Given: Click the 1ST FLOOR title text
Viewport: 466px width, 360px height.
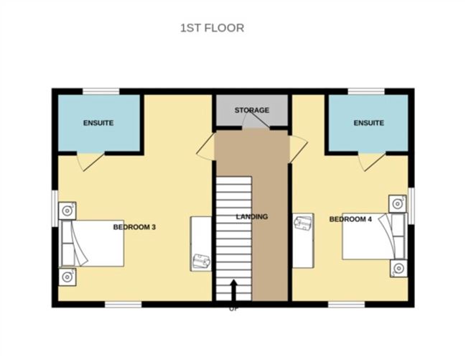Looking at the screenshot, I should (x=212, y=28).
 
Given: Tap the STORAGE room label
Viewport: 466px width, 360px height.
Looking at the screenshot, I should (x=252, y=110).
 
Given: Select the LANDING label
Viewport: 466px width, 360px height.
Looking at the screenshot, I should (x=252, y=216).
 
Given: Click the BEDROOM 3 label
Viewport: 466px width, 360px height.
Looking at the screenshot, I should (x=134, y=227).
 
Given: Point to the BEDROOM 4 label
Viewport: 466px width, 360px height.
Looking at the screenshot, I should (x=350, y=219).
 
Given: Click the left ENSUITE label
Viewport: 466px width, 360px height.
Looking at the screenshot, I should (x=98, y=123).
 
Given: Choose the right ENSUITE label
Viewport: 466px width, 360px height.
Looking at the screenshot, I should (x=368, y=123).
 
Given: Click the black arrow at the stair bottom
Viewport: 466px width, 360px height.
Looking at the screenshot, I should (x=233, y=291).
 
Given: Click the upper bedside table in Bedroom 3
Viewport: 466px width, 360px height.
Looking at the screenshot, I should (x=67, y=211).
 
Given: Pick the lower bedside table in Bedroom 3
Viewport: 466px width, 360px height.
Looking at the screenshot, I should (x=67, y=276).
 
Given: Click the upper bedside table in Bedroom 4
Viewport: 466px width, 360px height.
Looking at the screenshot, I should (x=398, y=203).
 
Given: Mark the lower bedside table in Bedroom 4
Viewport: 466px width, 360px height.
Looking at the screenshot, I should (x=398, y=268).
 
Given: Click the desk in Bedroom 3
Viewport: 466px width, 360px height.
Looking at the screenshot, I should (x=201, y=244).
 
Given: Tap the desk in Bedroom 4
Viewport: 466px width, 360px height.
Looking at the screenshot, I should (x=303, y=240).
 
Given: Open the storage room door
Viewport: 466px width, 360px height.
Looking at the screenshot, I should (x=256, y=123).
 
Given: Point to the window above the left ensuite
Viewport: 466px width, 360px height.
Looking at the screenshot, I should (x=100, y=91).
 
